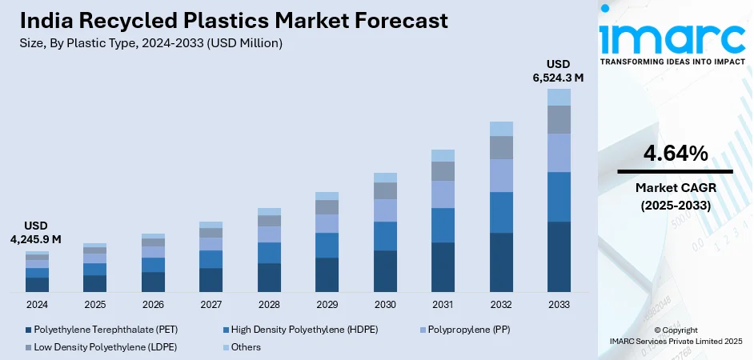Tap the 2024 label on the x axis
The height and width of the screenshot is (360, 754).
(x=37, y=305)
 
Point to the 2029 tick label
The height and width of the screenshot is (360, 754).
(x=327, y=305)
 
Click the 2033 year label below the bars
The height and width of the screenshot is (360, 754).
(x=559, y=305)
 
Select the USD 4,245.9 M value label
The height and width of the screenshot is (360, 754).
(x=36, y=233)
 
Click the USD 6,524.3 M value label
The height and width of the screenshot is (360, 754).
(x=558, y=71)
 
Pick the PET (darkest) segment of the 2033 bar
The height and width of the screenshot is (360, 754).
(x=559, y=256)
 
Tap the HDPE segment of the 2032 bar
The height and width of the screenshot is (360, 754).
(x=501, y=212)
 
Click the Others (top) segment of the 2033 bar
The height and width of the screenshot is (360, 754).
(x=559, y=97)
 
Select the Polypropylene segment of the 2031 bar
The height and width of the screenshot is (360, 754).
(x=443, y=194)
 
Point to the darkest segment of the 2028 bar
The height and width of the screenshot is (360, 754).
(x=269, y=277)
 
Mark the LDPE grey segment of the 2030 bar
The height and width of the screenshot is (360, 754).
(x=385, y=190)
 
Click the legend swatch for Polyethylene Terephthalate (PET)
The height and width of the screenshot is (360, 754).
(x=29, y=330)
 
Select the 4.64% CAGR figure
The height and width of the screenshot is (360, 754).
(x=675, y=154)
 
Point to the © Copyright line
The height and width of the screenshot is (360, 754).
(x=674, y=330)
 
